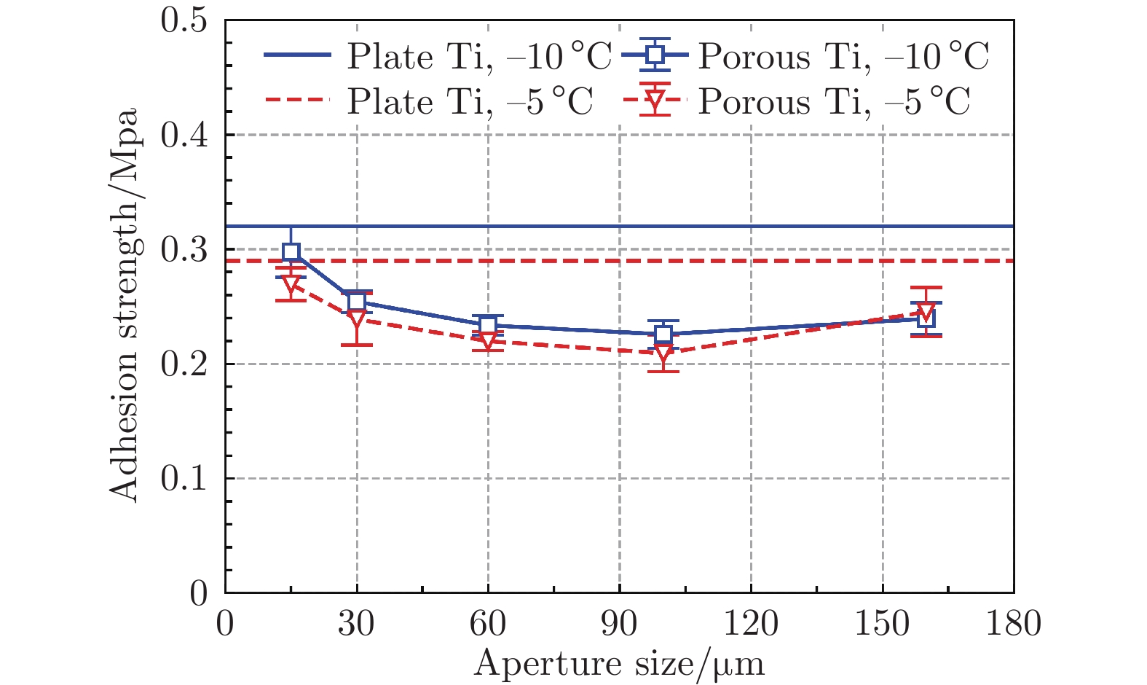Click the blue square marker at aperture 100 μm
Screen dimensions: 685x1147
663,334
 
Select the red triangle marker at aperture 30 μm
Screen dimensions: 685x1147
356,318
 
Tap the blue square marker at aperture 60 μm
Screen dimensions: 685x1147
488,325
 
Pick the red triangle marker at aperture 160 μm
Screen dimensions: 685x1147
926,313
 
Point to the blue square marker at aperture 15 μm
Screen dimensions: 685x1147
291,252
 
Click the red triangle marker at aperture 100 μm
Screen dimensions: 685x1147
663,353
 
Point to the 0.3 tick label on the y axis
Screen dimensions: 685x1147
184,250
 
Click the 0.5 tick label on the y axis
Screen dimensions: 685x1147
184,20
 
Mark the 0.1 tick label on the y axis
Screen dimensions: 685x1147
184,479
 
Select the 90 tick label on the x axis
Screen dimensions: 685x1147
619,624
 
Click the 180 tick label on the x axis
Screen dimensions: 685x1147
1013,624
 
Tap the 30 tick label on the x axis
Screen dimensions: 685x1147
356,624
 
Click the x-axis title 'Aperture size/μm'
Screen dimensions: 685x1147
619,663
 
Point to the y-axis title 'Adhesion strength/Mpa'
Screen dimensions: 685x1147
125,306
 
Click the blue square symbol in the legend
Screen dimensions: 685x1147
658,55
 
